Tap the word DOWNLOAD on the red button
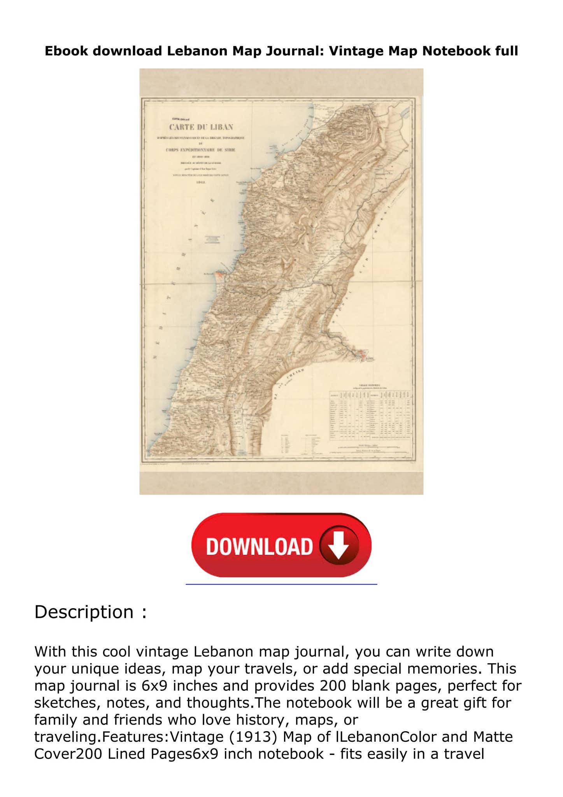pyautogui.click(x=260, y=546)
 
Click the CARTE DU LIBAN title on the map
pyautogui.click(x=201, y=127)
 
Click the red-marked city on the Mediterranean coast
pyautogui.click(x=220, y=274)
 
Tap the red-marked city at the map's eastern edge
pyautogui.click(x=363, y=355)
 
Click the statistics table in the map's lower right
pyautogui.click(x=370, y=415)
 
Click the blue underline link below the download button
pyautogui.click(x=281, y=584)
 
